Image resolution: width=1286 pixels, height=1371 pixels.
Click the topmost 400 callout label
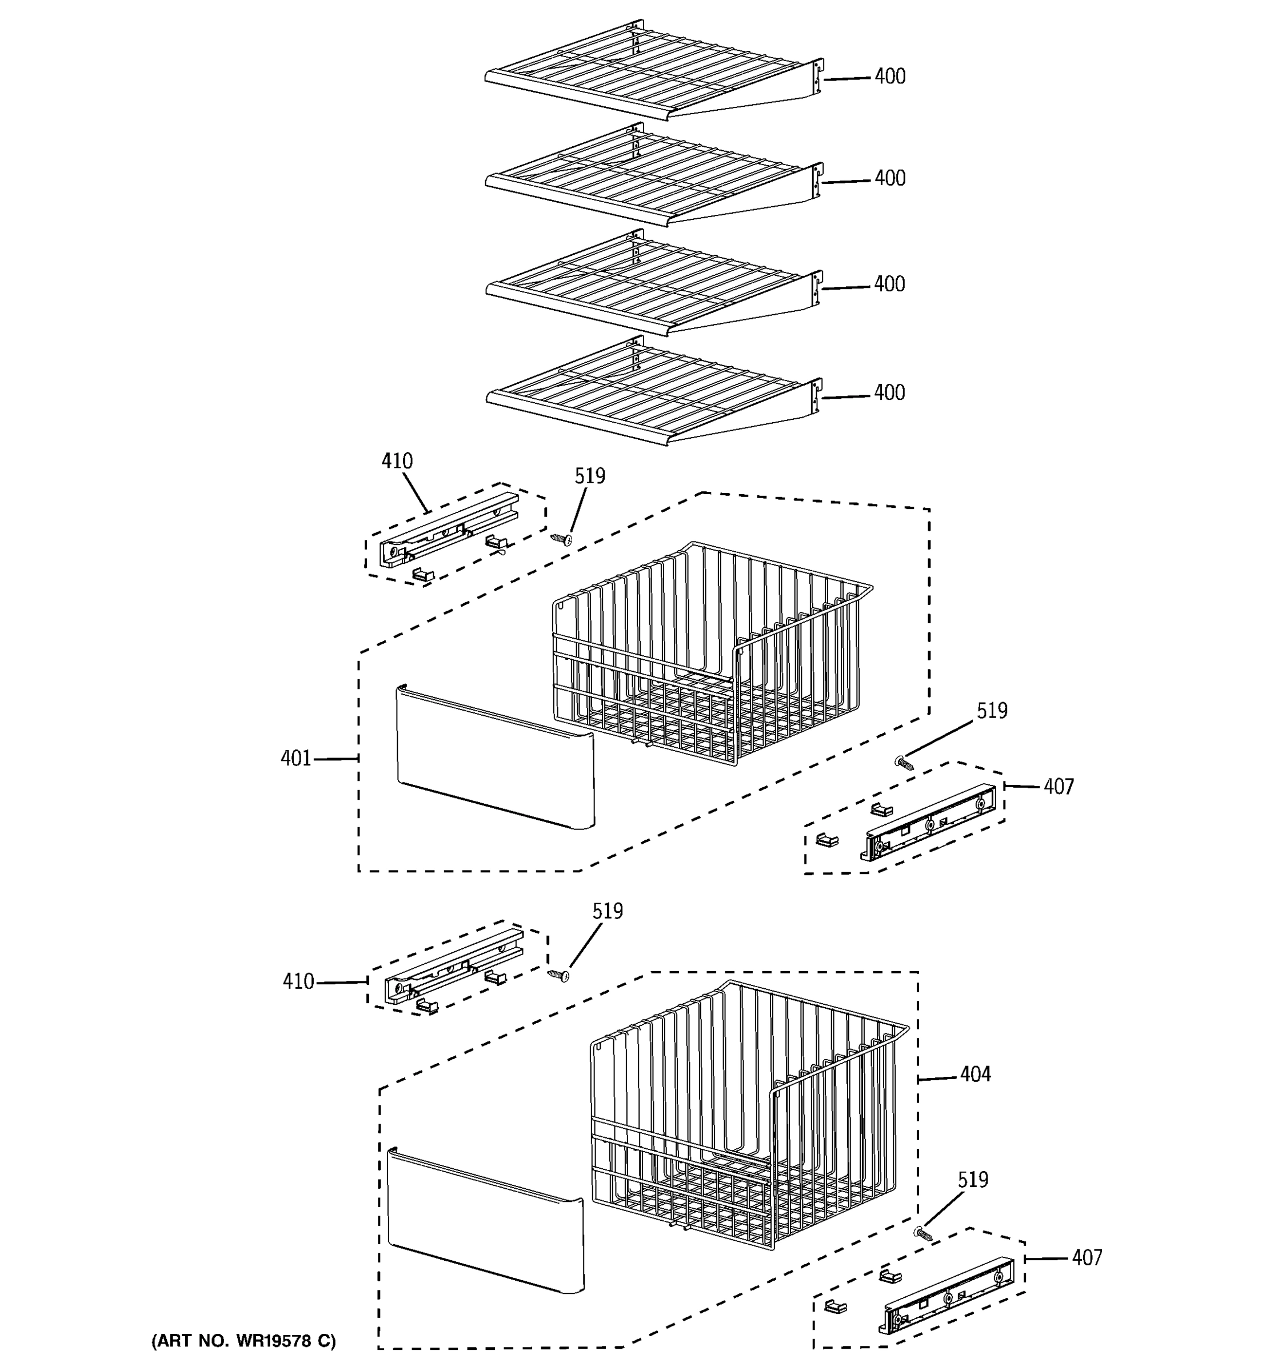[x=889, y=77]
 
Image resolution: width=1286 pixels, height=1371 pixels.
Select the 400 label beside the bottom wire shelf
[x=889, y=393]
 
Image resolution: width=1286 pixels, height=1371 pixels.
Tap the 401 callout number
[x=295, y=759]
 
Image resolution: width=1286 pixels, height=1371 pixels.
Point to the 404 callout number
[x=975, y=1074]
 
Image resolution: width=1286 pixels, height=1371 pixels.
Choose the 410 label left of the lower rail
[x=298, y=981]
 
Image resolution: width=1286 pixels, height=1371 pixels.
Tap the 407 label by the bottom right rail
[x=1087, y=1258]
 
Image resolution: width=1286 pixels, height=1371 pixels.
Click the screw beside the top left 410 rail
[x=561, y=539]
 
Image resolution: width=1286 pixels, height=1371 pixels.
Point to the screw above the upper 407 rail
[x=903, y=763]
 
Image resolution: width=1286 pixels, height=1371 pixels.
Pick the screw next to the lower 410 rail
[x=558, y=975]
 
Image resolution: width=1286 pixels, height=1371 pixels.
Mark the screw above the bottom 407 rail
[x=922, y=1234]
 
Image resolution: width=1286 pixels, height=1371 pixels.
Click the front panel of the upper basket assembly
[x=494, y=757]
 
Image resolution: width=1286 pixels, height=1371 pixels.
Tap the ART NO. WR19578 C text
[x=243, y=1341]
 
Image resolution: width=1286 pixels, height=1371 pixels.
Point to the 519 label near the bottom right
[x=972, y=1180]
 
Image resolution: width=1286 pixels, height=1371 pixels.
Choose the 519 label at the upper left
[x=590, y=476]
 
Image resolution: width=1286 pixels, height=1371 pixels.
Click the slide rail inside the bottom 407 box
[x=946, y=1295]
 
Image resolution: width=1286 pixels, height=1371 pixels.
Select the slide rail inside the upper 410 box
[x=449, y=530]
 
